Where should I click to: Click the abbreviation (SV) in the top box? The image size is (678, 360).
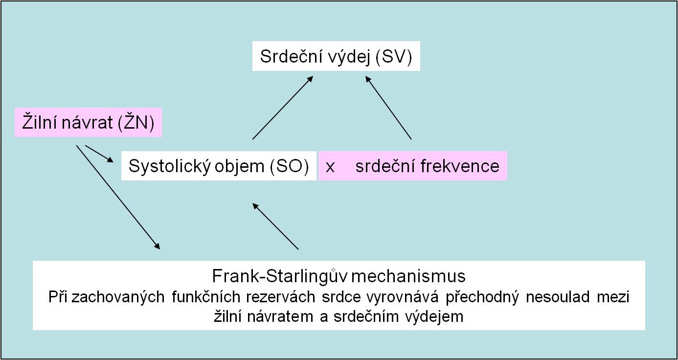tap(394, 57)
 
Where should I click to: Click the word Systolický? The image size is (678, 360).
tap(169, 166)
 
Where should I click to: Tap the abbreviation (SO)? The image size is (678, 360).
tap(290, 166)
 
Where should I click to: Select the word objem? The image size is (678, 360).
tap(239, 166)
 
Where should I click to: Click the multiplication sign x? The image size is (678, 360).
tap(330, 167)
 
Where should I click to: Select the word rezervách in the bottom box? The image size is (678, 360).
tap(281, 297)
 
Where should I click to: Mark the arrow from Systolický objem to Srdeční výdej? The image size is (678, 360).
tap(283, 108)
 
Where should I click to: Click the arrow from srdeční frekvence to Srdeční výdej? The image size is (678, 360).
tap(388, 108)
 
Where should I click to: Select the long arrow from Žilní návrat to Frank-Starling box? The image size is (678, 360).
tap(118, 198)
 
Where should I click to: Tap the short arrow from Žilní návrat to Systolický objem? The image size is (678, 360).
tap(99, 154)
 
